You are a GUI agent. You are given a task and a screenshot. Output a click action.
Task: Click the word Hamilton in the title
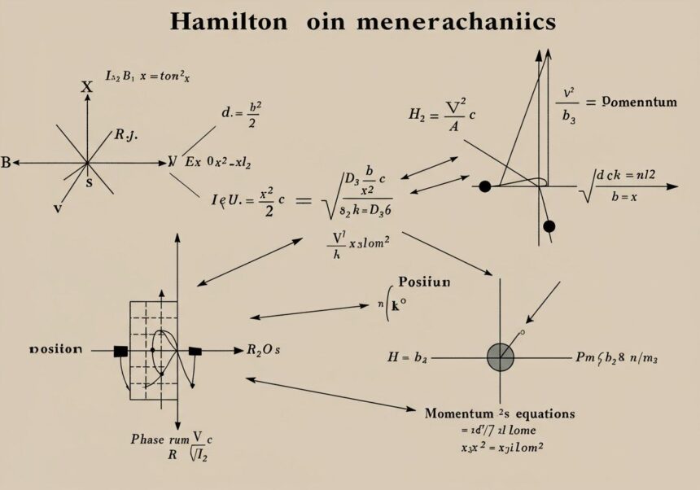coord(229,22)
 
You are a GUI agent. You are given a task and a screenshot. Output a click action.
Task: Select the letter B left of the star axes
coord(6,163)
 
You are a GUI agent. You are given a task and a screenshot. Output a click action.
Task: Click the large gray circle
coord(500,357)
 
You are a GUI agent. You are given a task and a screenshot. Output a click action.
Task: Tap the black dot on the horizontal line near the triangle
coord(485,186)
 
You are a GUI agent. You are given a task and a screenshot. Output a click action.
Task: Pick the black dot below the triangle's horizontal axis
coord(549,225)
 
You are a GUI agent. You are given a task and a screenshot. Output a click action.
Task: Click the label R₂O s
coord(263,351)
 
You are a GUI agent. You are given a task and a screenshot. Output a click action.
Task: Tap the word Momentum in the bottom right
coord(458,413)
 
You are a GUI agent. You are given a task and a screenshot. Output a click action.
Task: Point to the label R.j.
coord(125,136)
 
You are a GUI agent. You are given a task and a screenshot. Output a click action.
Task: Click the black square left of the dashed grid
coord(121,351)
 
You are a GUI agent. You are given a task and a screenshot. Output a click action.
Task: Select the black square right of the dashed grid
coord(195,351)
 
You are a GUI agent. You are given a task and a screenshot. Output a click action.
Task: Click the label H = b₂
coord(411,357)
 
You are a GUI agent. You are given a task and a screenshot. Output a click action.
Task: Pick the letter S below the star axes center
coord(89,183)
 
